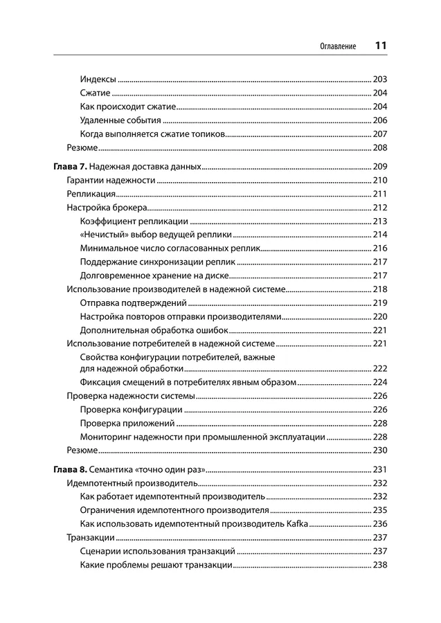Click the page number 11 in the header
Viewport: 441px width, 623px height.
pyautogui.click(x=380, y=46)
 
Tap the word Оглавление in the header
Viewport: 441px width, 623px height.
pyautogui.click(x=338, y=46)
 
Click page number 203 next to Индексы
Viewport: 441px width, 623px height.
pyautogui.click(x=379, y=80)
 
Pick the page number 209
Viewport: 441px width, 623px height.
pyautogui.click(x=379, y=167)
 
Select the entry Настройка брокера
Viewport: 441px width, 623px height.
pyautogui.click(x=105, y=208)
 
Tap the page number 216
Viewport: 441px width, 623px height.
pyautogui.click(x=379, y=249)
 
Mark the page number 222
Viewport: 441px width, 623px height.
pyautogui.click(x=379, y=369)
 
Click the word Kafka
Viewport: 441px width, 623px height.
pyautogui.click(x=296, y=523)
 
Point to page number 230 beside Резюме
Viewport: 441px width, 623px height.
pyautogui.click(x=379, y=450)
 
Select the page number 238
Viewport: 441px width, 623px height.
pyautogui.click(x=379, y=565)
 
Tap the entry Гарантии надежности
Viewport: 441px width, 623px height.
pyautogui.click(x=110, y=181)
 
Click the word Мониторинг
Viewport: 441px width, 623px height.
pyautogui.click(x=105, y=437)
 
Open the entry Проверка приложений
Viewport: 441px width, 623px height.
pyautogui.click(x=127, y=423)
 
